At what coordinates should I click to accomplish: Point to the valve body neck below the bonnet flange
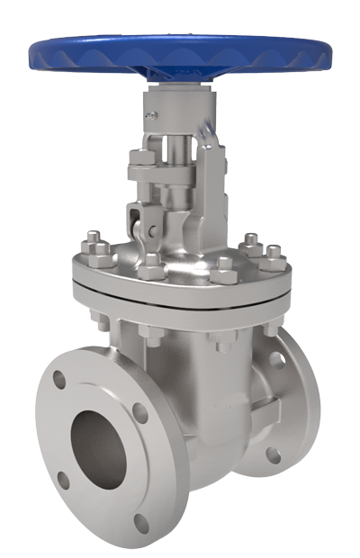tap(180, 351)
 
